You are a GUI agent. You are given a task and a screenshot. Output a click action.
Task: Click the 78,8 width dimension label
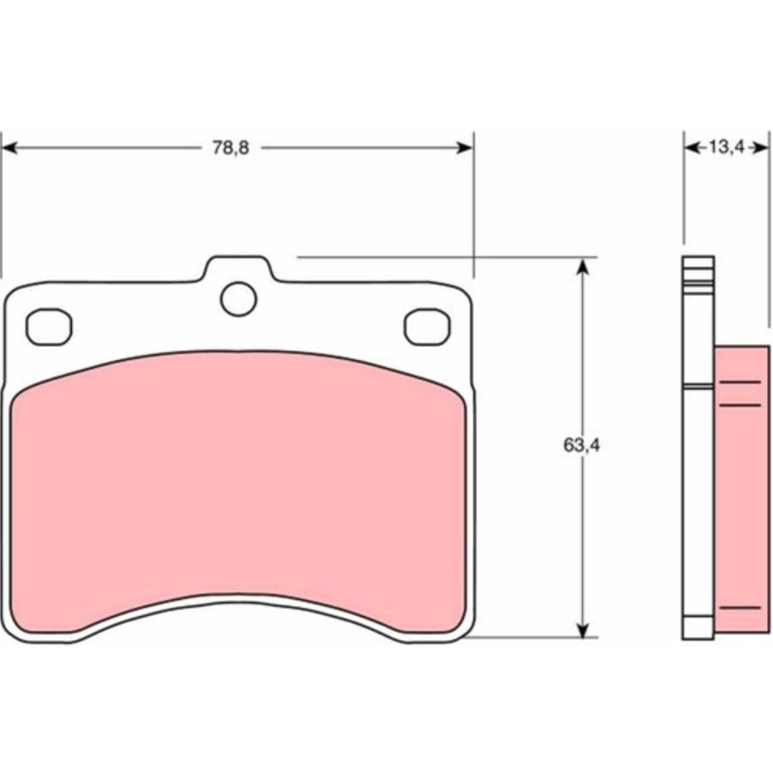coord(230,148)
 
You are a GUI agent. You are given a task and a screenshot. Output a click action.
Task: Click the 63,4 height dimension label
coord(582,445)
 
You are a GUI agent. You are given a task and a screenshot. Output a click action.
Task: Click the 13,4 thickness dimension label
coord(726,147)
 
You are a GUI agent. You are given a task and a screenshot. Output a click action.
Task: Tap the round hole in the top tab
coord(239,298)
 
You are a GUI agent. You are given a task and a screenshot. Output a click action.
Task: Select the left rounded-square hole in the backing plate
coord(49,327)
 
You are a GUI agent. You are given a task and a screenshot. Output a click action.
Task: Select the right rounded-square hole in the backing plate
coord(427,327)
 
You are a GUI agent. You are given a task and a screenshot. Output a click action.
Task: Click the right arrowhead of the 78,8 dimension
coord(465,148)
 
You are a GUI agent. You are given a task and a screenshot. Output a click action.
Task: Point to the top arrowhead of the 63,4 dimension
coord(583,266)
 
